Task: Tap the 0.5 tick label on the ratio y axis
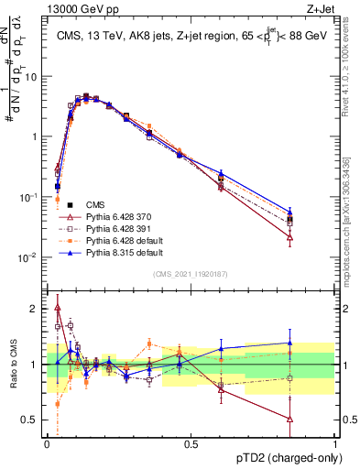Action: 31,421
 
